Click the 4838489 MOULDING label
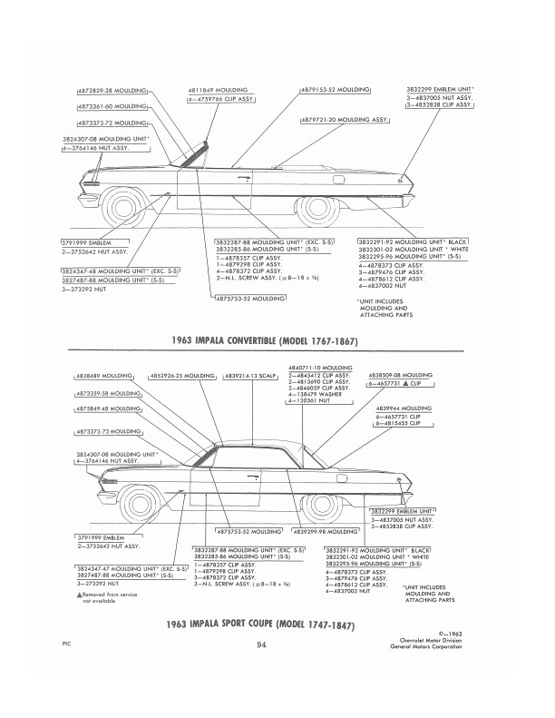tap(99, 373)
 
